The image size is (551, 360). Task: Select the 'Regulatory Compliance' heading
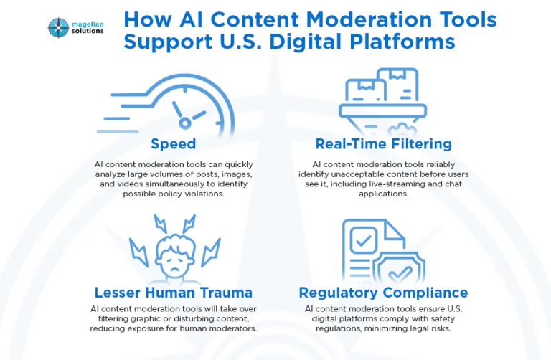point(383,292)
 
